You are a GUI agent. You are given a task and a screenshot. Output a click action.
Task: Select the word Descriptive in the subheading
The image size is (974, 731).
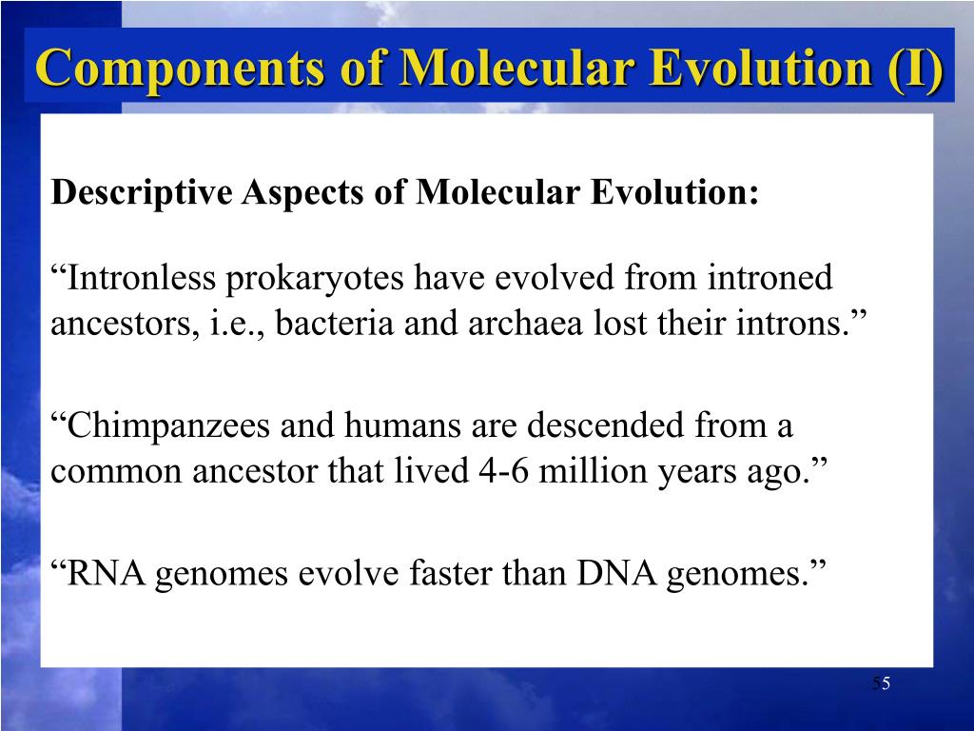[x=143, y=193]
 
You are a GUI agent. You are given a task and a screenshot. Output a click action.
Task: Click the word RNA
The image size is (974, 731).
[x=103, y=574]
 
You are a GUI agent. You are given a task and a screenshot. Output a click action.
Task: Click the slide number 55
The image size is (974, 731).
[x=881, y=684]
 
